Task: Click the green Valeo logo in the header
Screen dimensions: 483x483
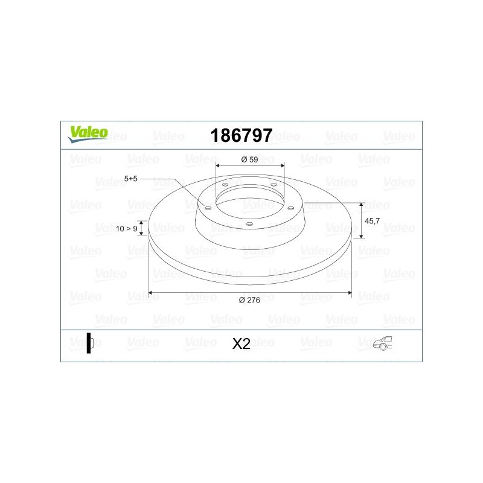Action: [88, 134]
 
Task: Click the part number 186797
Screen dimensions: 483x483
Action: [241, 135]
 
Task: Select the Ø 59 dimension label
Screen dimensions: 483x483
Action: [249, 159]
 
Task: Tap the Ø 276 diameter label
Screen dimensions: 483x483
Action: [249, 300]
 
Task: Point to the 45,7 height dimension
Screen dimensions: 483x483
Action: [372, 221]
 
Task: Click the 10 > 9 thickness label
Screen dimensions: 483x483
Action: [126, 229]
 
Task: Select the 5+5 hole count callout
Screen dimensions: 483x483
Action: [130, 179]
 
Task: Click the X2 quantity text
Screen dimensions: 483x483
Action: [241, 344]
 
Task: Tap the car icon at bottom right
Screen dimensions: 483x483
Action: [383, 343]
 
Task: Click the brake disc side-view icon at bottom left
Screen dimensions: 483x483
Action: [89, 343]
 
